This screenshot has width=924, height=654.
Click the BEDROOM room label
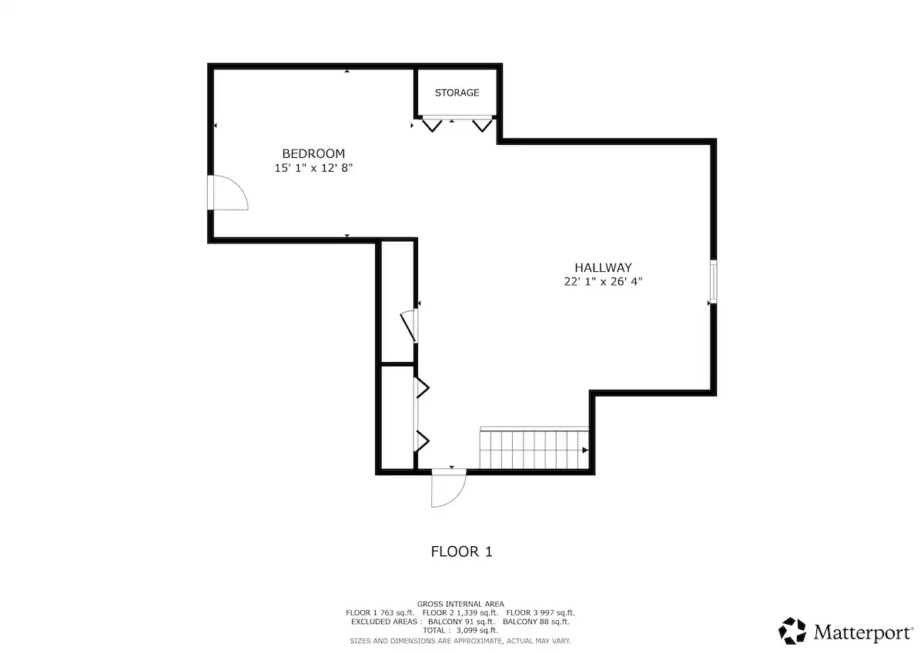313,154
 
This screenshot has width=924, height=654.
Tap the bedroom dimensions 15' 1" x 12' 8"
313,168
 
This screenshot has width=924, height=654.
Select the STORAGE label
457,93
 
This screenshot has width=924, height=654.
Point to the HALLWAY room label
603,268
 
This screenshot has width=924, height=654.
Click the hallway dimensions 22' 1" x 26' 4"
603,281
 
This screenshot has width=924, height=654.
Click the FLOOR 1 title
461,552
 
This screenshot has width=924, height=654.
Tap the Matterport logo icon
792,631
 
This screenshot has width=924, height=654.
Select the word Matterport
863,632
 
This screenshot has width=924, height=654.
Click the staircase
534,448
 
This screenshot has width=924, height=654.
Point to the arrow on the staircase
585,450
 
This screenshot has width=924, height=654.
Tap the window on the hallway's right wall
713,281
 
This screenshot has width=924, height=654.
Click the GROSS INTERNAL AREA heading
460,604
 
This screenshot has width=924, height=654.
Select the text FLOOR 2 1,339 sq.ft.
460,613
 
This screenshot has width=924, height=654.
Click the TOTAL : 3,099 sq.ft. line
460,630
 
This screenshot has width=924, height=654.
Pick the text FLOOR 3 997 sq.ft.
541,613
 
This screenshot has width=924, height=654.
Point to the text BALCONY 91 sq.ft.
461,622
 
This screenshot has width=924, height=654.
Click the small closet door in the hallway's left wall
409,326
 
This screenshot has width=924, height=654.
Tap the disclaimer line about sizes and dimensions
460,641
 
